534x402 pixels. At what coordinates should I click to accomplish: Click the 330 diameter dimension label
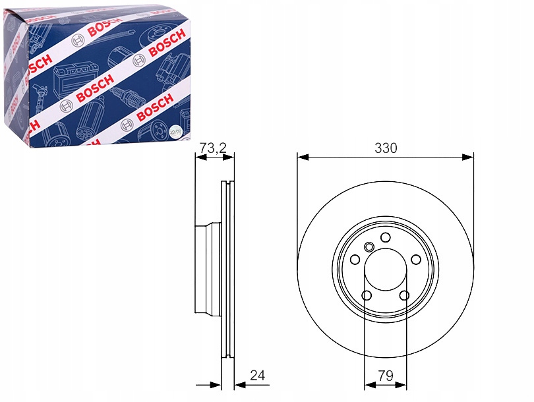coord(386,148)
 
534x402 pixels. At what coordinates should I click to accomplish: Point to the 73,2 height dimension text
coord(212,148)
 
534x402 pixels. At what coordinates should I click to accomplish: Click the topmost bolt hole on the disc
coord(386,237)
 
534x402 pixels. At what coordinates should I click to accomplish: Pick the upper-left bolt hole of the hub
coord(355,259)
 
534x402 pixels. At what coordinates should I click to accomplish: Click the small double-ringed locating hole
coord(369,247)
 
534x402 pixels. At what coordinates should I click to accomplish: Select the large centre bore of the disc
coord(386,269)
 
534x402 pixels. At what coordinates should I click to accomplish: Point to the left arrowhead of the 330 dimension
coord(303,157)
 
